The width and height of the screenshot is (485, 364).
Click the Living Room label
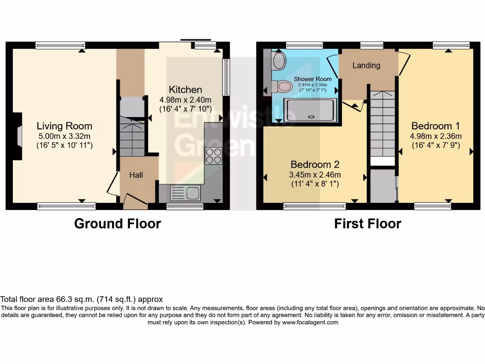pyautogui.click(x=64, y=126)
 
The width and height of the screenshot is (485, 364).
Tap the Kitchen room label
pyautogui.click(x=185, y=90)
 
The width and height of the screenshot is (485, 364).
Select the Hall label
pyautogui.click(x=136, y=175)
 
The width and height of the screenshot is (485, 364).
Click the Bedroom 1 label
pyautogui.click(x=435, y=126)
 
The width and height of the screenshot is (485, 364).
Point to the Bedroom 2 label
pyautogui.click(x=315, y=164)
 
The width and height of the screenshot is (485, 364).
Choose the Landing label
pyautogui.click(x=366, y=65)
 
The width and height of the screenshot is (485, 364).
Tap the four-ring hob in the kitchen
pyautogui.click(x=213, y=156)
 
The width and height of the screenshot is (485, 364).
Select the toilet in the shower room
pyautogui.click(x=283, y=86)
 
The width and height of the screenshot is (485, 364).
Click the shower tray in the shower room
pyautogui.click(x=311, y=110)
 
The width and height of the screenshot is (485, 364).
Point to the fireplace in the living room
pyautogui.click(x=18, y=137)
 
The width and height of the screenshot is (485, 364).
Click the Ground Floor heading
pyautogui.click(x=117, y=224)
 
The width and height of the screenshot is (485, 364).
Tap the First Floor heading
pyautogui.click(x=368, y=224)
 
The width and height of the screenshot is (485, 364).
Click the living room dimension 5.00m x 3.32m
pyautogui.click(x=64, y=136)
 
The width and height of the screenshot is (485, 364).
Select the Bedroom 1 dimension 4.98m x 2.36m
pyautogui.click(x=435, y=136)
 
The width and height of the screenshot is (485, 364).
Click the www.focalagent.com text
pyautogui.click(x=310, y=322)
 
